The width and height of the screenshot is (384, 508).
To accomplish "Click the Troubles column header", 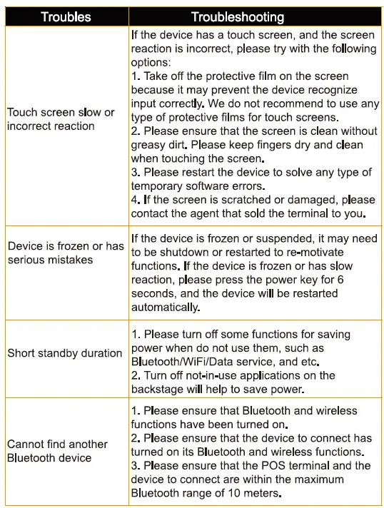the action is click(66, 16).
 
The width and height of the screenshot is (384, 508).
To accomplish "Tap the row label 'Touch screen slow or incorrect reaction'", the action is click(61, 119).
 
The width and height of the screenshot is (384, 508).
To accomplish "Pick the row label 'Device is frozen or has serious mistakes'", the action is click(65, 253).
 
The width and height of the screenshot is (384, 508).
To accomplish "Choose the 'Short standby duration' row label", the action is click(65, 353).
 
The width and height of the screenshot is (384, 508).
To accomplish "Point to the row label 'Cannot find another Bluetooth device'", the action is click(57, 450).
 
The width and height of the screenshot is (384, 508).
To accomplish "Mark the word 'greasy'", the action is click(149, 145).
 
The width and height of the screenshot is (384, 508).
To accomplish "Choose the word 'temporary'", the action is click(160, 186).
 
